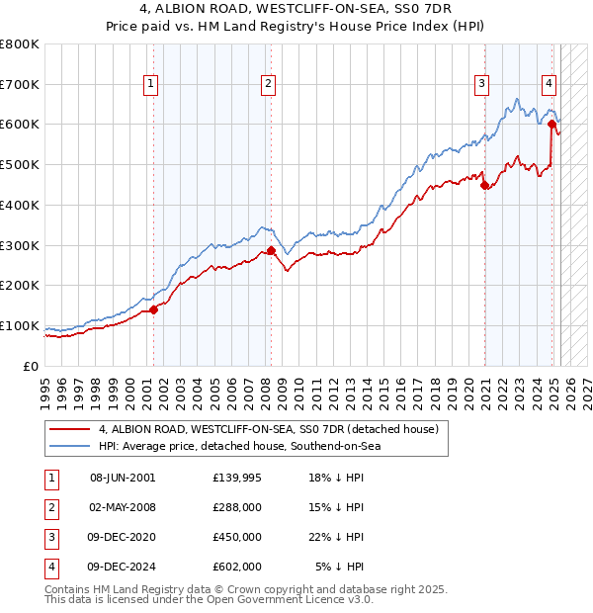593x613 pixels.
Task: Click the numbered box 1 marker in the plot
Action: (x=150, y=85)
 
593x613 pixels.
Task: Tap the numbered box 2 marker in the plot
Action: (x=268, y=85)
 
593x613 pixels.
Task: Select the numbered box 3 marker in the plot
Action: (x=481, y=85)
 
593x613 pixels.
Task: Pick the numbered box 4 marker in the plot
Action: (x=548, y=85)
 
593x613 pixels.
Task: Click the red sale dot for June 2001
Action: (x=154, y=309)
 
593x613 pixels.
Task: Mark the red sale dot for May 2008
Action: (x=271, y=250)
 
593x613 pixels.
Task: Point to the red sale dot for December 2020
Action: (x=484, y=185)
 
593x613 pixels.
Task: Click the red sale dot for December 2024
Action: (x=551, y=124)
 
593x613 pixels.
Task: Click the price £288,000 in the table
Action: (x=237, y=507)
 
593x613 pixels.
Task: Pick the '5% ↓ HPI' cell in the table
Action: (x=339, y=567)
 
